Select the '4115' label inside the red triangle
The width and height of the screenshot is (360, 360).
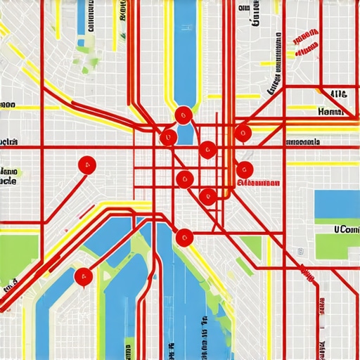tap(337, 94)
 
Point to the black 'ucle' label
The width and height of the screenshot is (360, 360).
tap(8, 181)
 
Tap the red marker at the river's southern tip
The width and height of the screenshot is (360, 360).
tap(184, 238)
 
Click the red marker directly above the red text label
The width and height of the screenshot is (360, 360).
tap(244, 168)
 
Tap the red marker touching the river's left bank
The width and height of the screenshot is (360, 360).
tap(169, 136)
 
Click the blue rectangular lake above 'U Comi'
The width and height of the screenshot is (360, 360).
tap(337, 204)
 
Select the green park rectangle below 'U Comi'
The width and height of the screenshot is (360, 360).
tap(337, 246)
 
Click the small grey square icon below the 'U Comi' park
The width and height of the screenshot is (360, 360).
tap(300, 250)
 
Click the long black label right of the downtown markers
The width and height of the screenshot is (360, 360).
tap(309, 142)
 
